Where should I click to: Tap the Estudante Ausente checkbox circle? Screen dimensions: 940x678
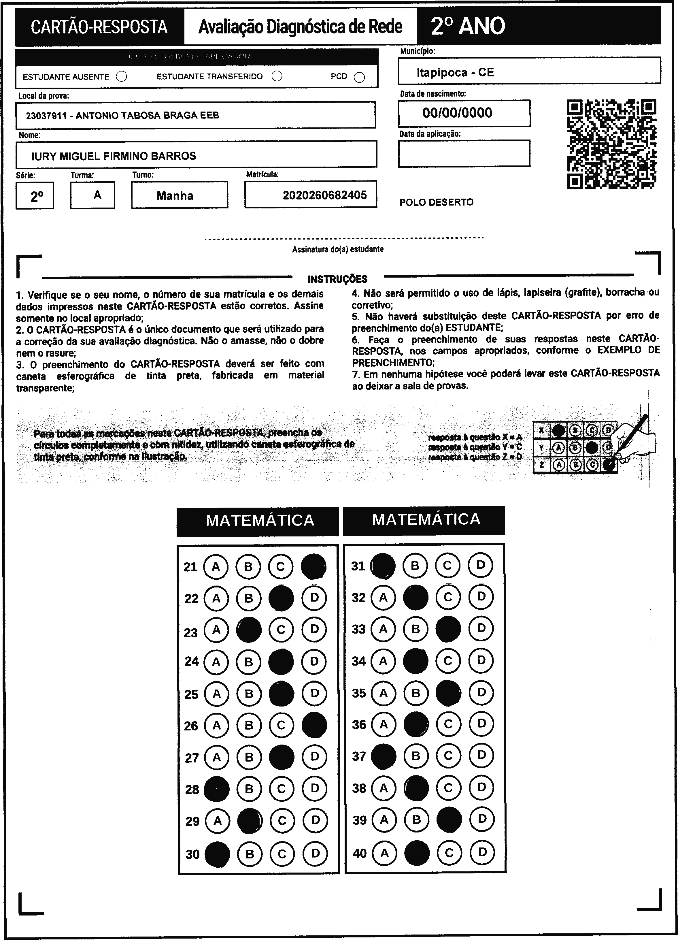[121, 77]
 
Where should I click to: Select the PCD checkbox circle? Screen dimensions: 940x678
[359, 78]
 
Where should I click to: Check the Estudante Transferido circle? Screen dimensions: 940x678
[277, 76]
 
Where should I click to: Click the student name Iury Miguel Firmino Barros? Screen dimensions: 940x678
[114, 156]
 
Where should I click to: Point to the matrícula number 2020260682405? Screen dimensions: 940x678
[324, 195]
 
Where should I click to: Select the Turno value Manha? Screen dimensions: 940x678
[175, 196]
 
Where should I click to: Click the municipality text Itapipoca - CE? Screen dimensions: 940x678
[455, 73]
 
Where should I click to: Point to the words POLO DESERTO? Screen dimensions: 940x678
[436, 202]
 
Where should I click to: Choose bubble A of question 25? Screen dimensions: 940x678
[216, 694]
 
